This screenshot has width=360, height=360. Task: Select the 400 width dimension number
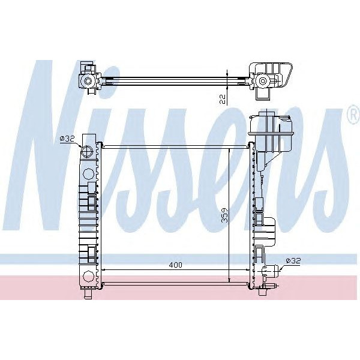coord(175,265)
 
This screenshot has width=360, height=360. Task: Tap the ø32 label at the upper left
coord(67,139)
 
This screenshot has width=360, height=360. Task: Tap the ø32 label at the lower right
coord(293,260)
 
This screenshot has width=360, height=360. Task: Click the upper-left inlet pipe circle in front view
coord(87,151)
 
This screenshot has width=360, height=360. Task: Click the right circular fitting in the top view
coord(262,81)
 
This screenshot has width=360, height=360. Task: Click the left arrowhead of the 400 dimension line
coord(105,269)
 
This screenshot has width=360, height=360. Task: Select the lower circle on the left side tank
coord(88,277)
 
